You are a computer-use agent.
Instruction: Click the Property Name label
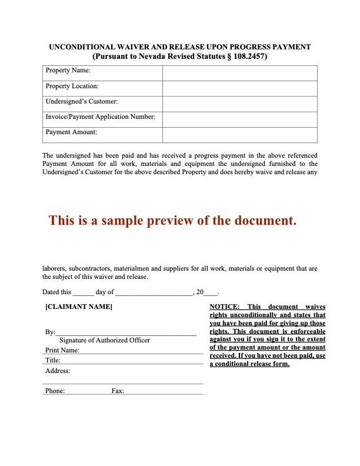pyautogui.click(x=68, y=71)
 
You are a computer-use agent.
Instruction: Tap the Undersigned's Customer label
pyautogui.click(x=82, y=102)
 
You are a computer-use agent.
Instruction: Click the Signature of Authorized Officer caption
pyautogui.click(x=105, y=340)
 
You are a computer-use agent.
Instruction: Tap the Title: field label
pyautogui.click(x=53, y=360)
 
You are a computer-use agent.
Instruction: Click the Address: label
pyautogui.click(x=58, y=371)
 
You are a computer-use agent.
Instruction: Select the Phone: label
pyautogui.click(x=55, y=391)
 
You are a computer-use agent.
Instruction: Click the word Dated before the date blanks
pyautogui.click(x=51, y=292)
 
